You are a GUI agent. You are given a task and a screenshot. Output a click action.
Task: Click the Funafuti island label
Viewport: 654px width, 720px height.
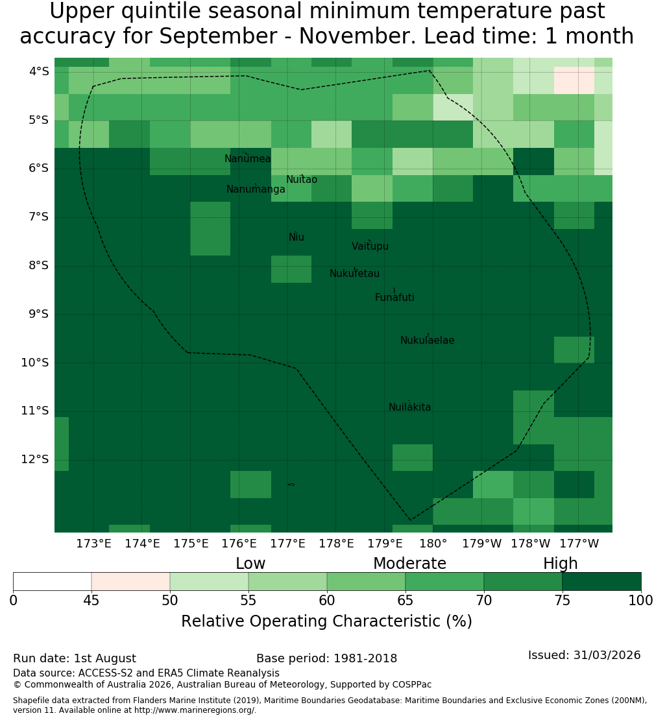tap(394, 298)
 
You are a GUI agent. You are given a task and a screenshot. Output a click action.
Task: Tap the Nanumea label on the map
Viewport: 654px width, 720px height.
tap(248, 159)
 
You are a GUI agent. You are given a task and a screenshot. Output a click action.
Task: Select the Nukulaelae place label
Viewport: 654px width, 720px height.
tap(427, 341)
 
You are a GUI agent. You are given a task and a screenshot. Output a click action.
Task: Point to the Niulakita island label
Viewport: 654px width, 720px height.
tap(409, 407)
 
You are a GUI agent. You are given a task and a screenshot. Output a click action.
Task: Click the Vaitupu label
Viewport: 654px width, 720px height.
tap(370, 246)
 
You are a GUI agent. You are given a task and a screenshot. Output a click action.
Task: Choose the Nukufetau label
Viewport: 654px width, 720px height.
tap(354, 274)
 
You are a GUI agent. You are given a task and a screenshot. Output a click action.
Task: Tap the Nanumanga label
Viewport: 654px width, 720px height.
tap(256, 189)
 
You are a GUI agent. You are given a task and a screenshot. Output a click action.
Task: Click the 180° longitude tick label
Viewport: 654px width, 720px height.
tap(433, 544)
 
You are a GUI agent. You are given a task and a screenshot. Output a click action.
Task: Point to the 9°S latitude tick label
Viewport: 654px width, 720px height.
tap(38, 314)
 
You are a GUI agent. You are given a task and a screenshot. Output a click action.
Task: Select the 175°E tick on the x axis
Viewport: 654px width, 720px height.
tap(191, 544)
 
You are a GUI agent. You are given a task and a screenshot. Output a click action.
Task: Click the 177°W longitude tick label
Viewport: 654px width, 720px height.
tap(579, 544)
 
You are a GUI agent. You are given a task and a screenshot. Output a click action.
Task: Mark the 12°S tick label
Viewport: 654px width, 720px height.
tap(35, 459)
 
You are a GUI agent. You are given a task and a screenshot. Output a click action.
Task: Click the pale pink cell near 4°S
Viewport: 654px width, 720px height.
tap(574, 80)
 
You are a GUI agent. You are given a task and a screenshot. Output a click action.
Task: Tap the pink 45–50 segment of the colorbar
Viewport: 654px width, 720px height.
tap(131, 581)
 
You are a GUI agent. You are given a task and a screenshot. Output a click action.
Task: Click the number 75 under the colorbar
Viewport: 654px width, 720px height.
tap(562, 601)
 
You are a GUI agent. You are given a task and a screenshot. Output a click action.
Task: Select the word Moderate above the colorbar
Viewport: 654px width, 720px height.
tap(409, 564)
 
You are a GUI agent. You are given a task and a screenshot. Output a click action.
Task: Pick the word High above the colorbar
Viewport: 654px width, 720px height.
tap(561, 564)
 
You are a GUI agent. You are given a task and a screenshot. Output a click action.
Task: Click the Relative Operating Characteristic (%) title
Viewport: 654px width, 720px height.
tap(326, 621)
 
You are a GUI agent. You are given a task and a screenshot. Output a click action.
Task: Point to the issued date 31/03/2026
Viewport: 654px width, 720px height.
tap(607, 655)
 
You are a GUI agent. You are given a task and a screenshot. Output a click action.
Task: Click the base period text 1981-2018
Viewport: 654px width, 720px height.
tap(365, 658)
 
